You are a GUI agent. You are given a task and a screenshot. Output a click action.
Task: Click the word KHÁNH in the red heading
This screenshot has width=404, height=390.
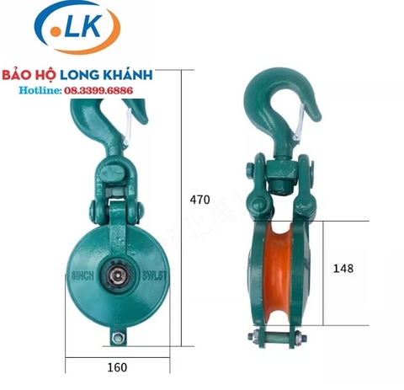(125, 74)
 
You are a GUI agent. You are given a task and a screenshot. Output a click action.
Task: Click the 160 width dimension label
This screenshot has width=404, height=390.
(117, 366)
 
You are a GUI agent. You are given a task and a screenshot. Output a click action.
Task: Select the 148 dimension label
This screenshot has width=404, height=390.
(343, 267)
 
